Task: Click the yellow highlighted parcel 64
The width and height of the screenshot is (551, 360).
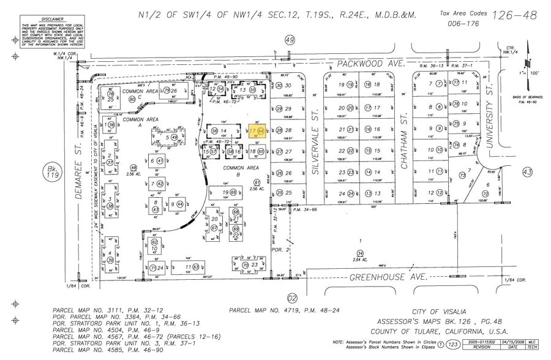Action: (x=257, y=131)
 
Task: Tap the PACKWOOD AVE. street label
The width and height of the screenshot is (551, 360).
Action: (x=367, y=64)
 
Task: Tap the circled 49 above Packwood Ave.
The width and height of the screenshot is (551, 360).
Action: (x=291, y=40)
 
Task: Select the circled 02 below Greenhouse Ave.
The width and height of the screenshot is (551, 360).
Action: (x=291, y=298)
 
